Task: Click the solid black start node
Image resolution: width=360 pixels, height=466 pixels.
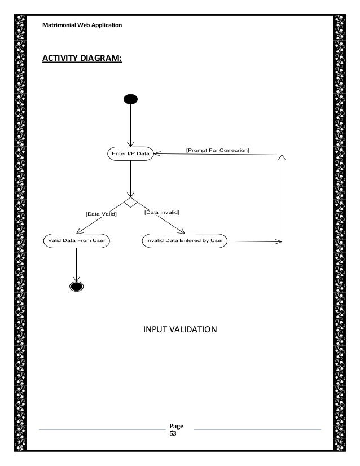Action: click(x=130, y=100)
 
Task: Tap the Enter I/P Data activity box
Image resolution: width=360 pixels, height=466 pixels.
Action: click(x=130, y=154)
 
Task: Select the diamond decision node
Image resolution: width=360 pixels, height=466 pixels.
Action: click(x=130, y=201)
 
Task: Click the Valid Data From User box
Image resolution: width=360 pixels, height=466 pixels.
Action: click(x=76, y=240)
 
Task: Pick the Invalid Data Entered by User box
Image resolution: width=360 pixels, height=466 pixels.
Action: click(x=185, y=240)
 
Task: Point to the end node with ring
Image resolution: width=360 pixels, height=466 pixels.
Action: click(x=76, y=285)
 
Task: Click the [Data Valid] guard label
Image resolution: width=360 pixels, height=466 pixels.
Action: click(x=101, y=214)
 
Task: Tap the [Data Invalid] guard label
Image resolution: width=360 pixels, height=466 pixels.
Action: click(x=161, y=212)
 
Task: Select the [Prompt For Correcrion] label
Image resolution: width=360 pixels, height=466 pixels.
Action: click(x=218, y=150)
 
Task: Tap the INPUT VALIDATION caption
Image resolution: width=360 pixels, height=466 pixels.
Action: click(x=179, y=329)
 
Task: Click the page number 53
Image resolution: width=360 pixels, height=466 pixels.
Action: click(x=173, y=434)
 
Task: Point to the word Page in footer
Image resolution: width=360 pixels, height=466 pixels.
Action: click(x=176, y=427)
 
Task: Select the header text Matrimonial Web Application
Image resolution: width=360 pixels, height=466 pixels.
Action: click(x=82, y=25)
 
